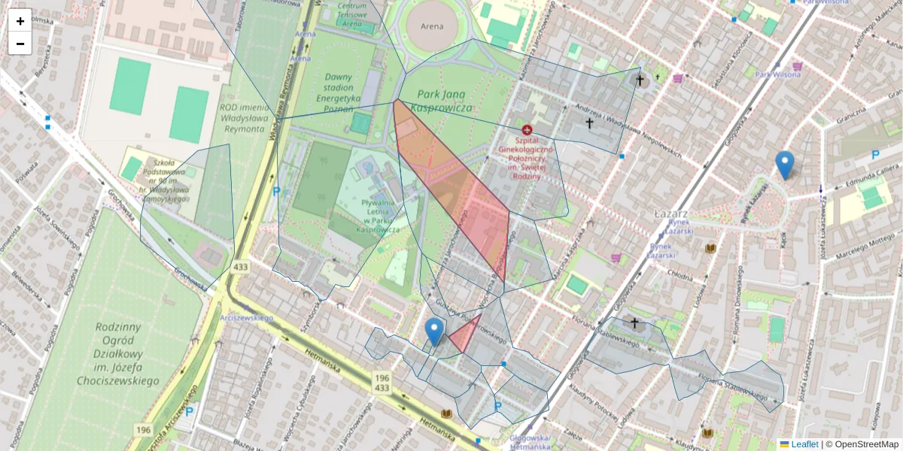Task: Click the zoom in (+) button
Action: pos(20,21)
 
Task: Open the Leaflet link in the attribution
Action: pos(804,444)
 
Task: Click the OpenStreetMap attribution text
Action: pos(862,444)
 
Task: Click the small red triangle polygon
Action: pos(466,334)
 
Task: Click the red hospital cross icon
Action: pos(527,129)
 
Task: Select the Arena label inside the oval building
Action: pos(432,26)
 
